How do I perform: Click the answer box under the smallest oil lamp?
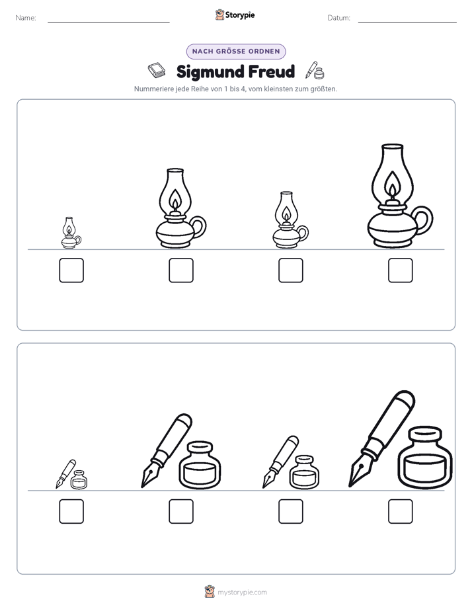pyautogui.click(x=71, y=270)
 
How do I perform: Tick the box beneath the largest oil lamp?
pyautogui.click(x=401, y=270)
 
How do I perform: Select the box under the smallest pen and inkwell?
pyautogui.click(x=71, y=511)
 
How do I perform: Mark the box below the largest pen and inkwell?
pyautogui.click(x=401, y=511)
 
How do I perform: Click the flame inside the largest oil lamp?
pyautogui.click(x=393, y=184)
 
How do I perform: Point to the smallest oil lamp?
pyautogui.click(x=71, y=233)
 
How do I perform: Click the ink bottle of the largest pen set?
pyautogui.click(x=425, y=457)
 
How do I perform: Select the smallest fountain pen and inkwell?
pyautogui.click(x=71, y=474)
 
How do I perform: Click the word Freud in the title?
pyautogui.click(x=272, y=71)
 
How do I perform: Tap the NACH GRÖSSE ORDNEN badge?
pyautogui.click(x=236, y=52)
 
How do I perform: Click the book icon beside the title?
pyautogui.click(x=157, y=70)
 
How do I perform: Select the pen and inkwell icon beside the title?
pyautogui.click(x=315, y=71)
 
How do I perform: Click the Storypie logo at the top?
pyautogui.click(x=235, y=15)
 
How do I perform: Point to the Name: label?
pyautogui.click(x=26, y=18)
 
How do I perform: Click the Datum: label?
pyautogui.click(x=339, y=18)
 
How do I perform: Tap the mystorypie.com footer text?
pyautogui.click(x=242, y=592)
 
